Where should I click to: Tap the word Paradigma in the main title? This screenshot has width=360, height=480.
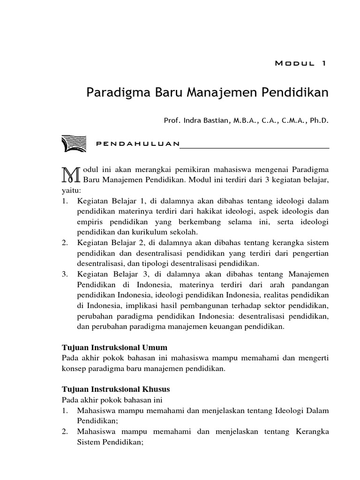[x=116, y=92]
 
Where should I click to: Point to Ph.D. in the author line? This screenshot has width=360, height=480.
[x=319, y=120]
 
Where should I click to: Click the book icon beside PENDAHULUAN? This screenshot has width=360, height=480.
[x=74, y=143]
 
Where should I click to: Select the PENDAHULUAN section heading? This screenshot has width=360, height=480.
[x=137, y=144]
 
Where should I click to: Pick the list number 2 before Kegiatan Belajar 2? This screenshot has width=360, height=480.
[x=65, y=242]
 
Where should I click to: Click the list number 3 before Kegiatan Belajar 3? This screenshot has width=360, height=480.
[x=65, y=273]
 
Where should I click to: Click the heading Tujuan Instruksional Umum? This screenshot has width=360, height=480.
[x=114, y=347]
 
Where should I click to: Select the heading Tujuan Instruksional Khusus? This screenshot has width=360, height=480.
[x=116, y=389]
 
